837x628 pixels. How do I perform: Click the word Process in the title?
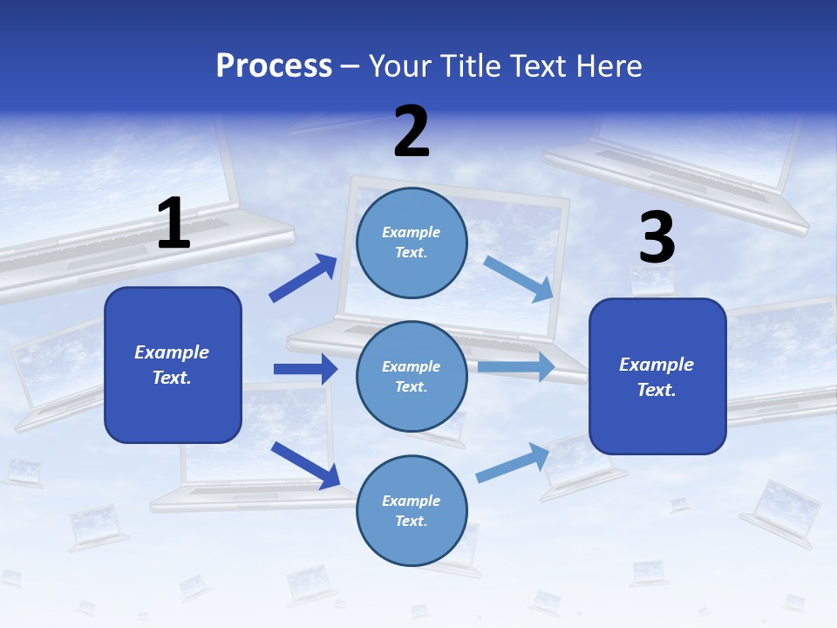click(x=274, y=66)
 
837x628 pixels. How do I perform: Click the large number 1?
click(x=174, y=224)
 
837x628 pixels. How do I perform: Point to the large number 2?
click(x=412, y=132)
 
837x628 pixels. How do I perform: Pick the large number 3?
click(x=657, y=238)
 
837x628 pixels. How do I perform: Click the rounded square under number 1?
click(x=173, y=365)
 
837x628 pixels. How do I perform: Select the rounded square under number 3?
click(x=657, y=377)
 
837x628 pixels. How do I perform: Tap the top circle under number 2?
click(x=412, y=242)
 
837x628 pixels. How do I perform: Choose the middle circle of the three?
click(x=412, y=376)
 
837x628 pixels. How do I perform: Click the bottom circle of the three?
click(x=412, y=510)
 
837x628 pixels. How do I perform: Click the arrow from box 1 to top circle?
click(x=303, y=278)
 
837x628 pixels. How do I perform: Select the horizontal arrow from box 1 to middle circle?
click(x=305, y=369)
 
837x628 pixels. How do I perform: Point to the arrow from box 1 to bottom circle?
click(x=305, y=465)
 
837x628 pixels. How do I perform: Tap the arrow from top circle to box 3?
click(x=519, y=278)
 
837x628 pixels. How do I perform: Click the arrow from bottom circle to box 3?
click(x=513, y=463)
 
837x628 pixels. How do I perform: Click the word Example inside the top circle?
click(x=412, y=232)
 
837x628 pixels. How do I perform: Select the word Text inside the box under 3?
click(x=655, y=390)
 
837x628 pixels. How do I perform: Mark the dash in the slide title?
click(x=350, y=66)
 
